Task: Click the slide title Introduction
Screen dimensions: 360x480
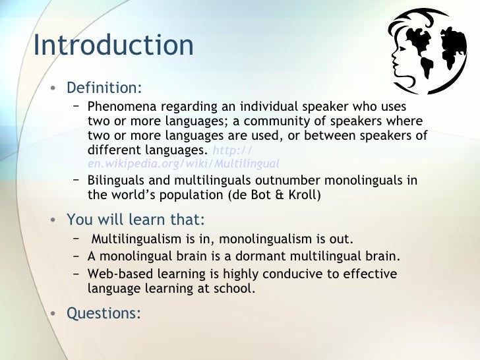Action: pyautogui.click(x=113, y=45)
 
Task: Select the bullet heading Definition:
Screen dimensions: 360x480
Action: pyautogui.click(x=104, y=88)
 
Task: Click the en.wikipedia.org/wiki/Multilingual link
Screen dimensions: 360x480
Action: pyautogui.click(x=183, y=162)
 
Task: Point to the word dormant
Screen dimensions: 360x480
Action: pyautogui.click(x=255, y=256)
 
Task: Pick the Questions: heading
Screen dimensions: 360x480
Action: pyautogui.click(x=104, y=313)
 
